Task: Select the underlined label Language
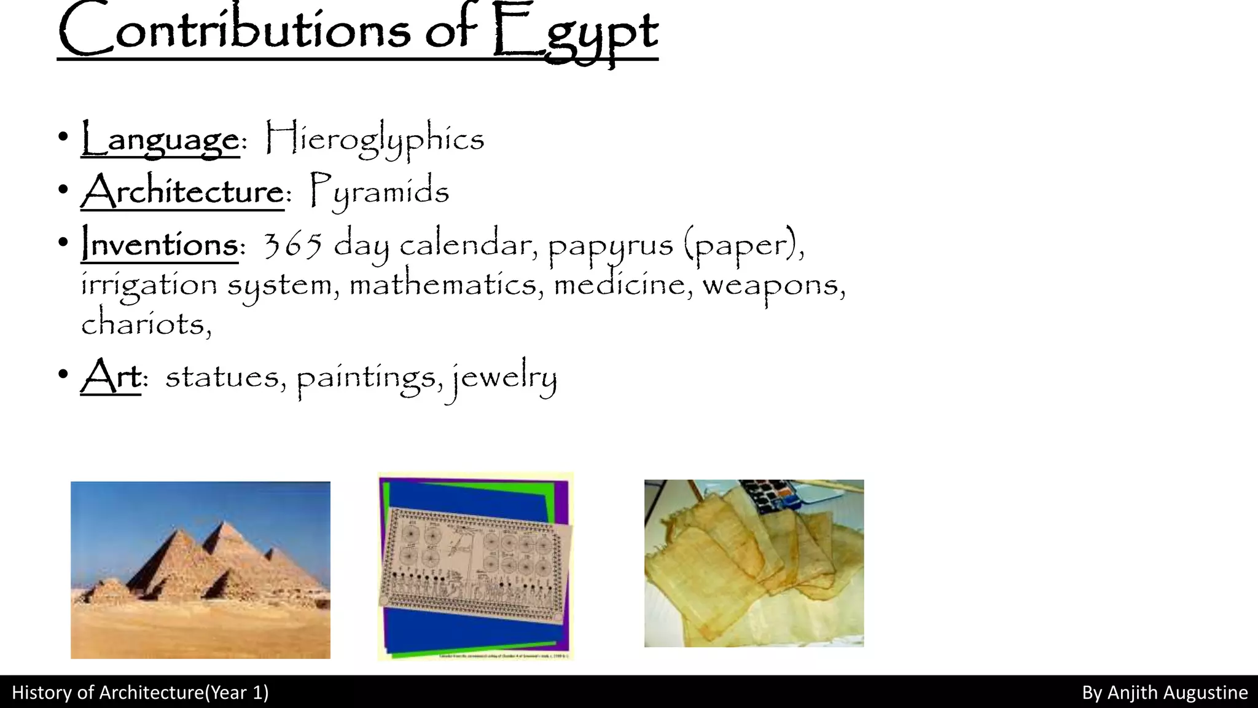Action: (x=160, y=139)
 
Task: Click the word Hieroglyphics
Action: (x=375, y=139)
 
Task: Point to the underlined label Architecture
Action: (x=183, y=191)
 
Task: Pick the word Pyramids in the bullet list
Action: (x=379, y=191)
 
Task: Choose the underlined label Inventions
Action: (x=160, y=245)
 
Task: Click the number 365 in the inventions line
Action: (x=292, y=245)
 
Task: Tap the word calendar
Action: (x=465, y=245)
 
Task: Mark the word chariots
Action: (x=146, y=324)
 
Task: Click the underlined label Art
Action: (x=111, y=376)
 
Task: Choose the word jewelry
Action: (x=505, y=377)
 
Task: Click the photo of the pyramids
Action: (x=200, y=570)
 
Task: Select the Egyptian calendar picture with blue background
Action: (x=475, y=566)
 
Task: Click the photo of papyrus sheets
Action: (x=754, y=563)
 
